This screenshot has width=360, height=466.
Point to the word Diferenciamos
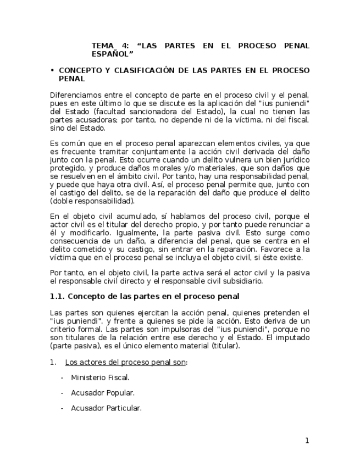[x=76, y=95]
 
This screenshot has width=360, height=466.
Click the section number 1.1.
[x=58, y=297]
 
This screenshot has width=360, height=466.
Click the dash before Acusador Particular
[x=62, y=408]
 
